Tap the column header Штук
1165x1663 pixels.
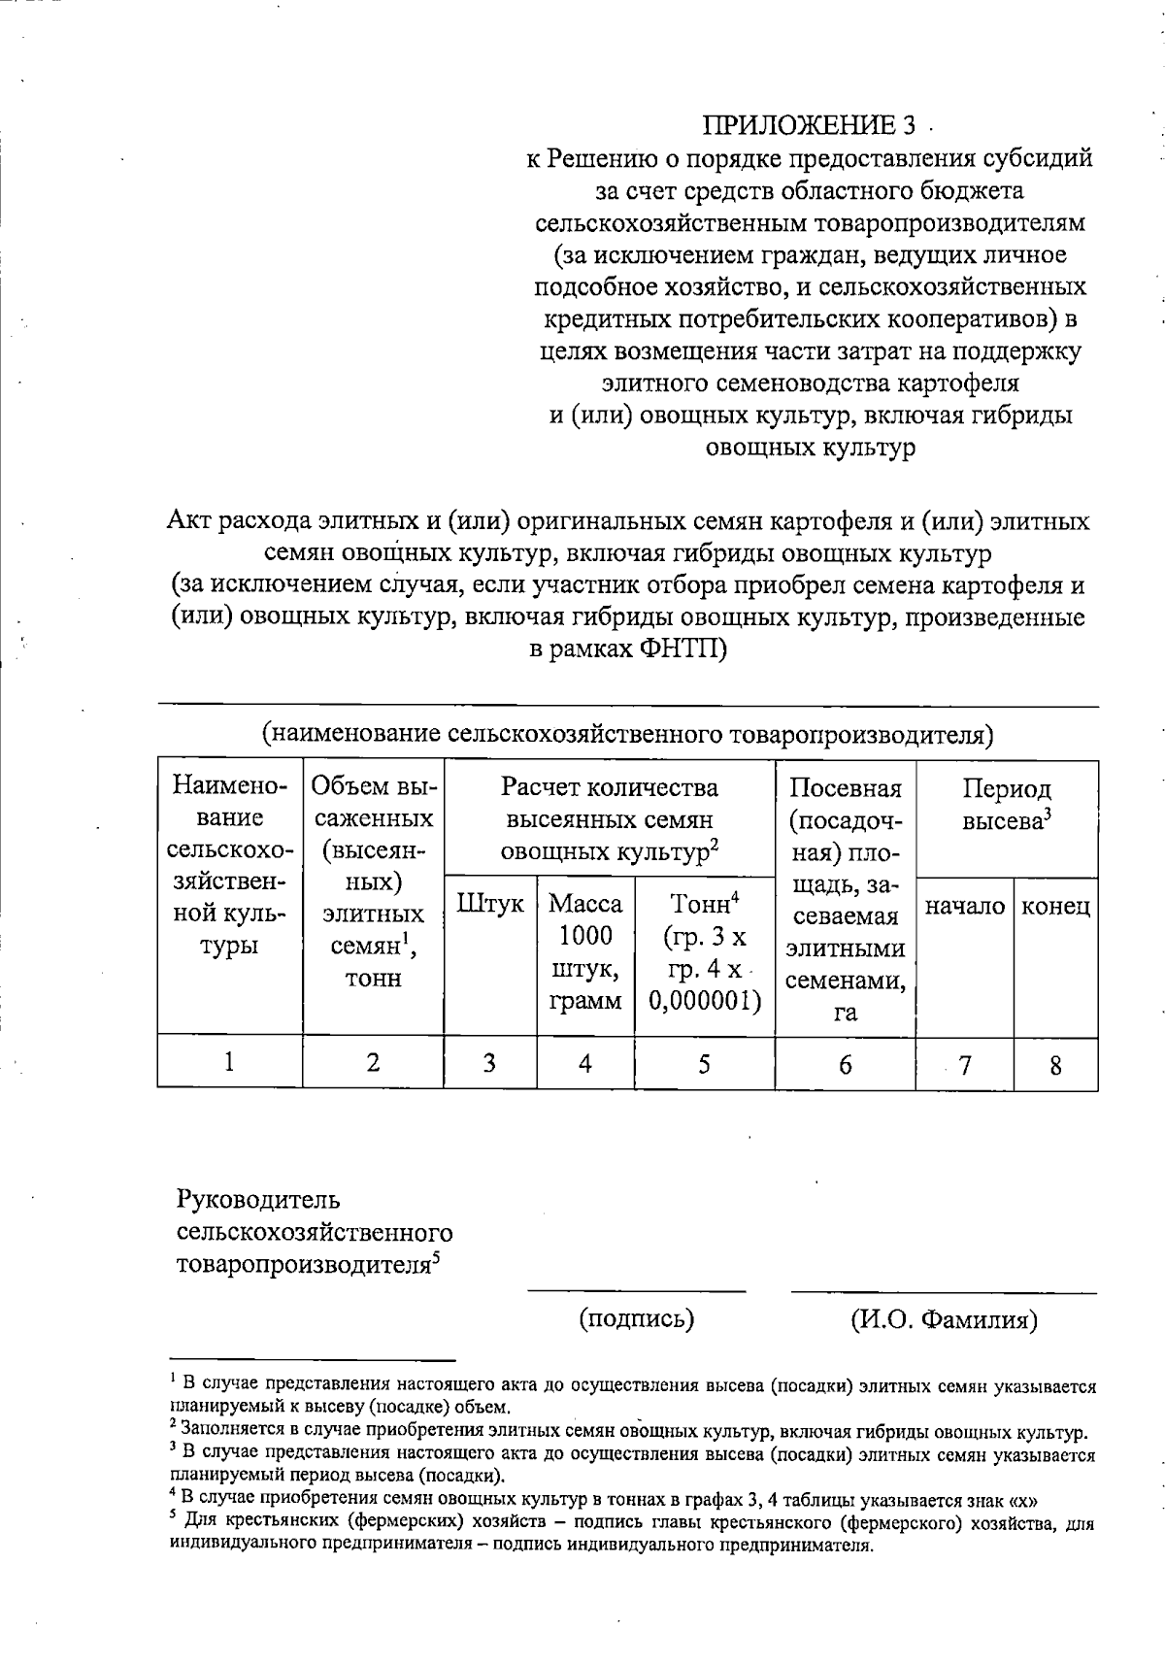coord(490,904)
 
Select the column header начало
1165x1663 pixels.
coord(964,907)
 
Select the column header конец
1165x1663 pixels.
coord(1055,907)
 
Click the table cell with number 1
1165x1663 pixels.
coord(229,1062)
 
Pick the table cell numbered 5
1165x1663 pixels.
coord(704,1064)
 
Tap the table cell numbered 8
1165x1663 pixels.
coord(1055,1065)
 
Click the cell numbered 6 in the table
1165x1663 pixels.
coord(845,1065)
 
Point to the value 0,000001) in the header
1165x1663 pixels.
coord(705,1000)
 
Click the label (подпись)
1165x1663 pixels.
coord(637,1318)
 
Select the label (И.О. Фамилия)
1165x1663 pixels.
coord(944,1319)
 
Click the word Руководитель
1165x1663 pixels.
coord(258,1200)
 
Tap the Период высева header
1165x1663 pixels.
coord(1008,804)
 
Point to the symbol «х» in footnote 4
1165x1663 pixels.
coord(1027,1496)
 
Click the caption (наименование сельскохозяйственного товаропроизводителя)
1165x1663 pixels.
coord(628,735)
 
